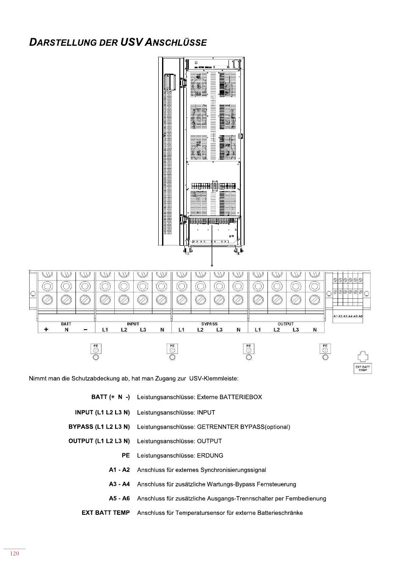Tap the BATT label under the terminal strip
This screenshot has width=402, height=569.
click(66, 324)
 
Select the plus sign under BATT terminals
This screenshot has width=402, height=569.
click(46, 330)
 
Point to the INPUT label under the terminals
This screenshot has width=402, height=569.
click(133, 324)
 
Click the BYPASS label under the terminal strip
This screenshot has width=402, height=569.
click(209, 324)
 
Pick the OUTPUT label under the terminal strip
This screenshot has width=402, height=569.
click(286, 324)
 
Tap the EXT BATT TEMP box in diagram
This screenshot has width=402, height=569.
click(363, 368)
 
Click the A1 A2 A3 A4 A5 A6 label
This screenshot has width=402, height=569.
click(348, 316)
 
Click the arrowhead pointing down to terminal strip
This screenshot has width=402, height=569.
click(212, 265)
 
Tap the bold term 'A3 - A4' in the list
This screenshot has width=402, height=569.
click(119, 484)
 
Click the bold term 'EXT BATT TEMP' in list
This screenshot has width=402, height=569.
click(106, 513)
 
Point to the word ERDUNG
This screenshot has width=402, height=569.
click(210, 456)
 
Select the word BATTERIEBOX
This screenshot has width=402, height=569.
click(241, 397)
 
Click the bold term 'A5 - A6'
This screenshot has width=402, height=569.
click(119, 499)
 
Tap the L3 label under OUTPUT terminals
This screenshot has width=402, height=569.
click(295, 330)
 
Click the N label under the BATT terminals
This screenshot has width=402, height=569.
click(66, 330)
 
